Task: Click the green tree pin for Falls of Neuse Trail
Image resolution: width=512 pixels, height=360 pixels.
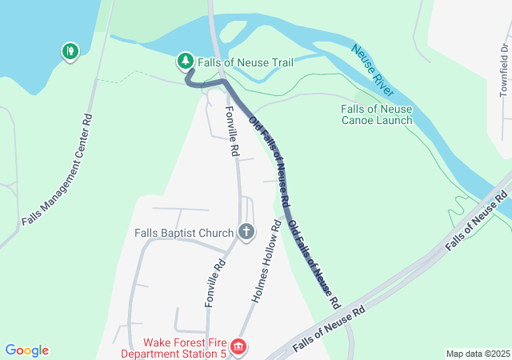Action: [x=185, y=61]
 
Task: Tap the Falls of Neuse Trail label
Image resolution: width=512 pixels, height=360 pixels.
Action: [x=246, y=62]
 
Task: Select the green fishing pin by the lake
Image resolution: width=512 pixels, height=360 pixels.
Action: [x=70, y=52]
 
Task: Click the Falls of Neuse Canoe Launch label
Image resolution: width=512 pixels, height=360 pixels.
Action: [x=376, y=114]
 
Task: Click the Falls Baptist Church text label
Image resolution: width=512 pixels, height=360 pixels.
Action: [x=184, y=233]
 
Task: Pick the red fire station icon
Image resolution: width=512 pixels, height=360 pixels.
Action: [x=238, y=347]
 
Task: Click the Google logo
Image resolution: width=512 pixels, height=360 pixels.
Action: [x=26, y=350]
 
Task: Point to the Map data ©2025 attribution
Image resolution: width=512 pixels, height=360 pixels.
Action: [x=477, y=354]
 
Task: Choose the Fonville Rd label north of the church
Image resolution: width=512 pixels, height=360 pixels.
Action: [x=231, y=131]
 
